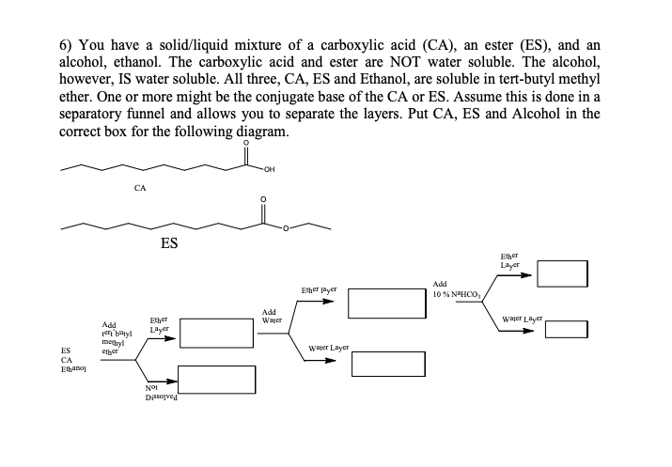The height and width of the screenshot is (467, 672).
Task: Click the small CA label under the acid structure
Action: [x=139, y=189]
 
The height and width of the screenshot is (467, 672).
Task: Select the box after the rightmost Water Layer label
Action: [x=568, y=329]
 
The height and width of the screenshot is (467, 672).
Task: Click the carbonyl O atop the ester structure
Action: [x=263, y=199]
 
